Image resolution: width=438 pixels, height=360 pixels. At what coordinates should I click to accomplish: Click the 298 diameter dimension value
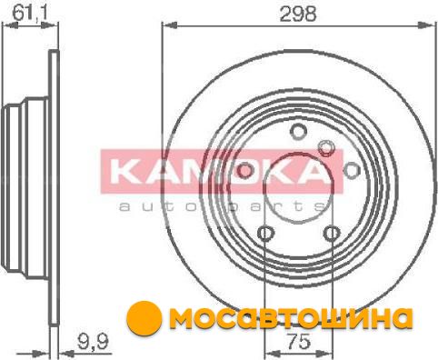coord(298,14)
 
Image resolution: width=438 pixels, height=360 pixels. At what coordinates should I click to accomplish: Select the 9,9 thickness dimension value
coord(93,342)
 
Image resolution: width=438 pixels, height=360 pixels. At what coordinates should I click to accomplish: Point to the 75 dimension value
coord(299,341)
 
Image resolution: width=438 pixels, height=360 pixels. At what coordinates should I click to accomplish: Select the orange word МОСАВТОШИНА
coord(291,318)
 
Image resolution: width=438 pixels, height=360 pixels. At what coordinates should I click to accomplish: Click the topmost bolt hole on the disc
coord(298,132)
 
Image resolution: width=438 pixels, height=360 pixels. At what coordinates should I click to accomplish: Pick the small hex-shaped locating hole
coord(325,148)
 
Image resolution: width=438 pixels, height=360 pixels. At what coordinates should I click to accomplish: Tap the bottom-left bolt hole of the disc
coord(265,234)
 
